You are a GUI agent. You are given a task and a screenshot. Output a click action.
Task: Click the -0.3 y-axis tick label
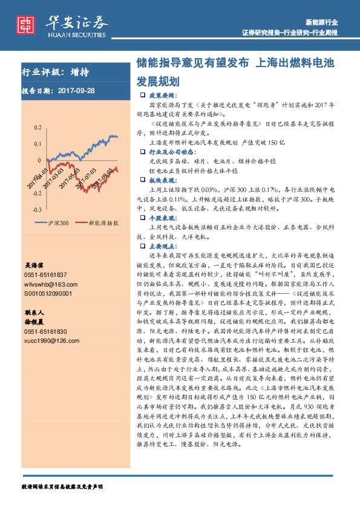(x=37, y=209)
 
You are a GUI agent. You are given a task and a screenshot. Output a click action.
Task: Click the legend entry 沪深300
(x=59, y=223)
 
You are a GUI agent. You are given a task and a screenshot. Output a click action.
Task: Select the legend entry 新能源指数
(x=103, y=223)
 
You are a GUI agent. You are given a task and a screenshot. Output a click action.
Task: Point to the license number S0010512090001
(x=48, y=293)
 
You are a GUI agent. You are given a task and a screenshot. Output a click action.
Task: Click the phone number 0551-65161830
(x=46, y=331)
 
